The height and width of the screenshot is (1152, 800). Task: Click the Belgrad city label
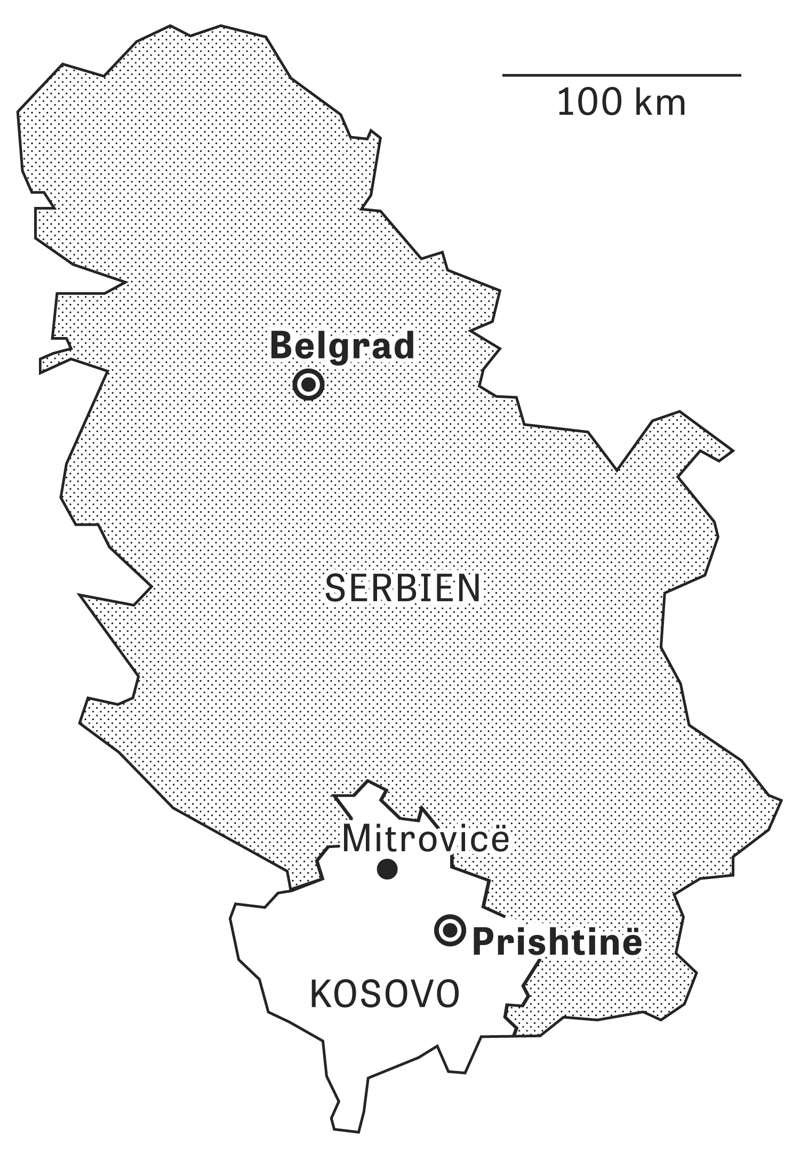pos(342,347)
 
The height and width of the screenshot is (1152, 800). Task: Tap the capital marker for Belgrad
pos(308,384)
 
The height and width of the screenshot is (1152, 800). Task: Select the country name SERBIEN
pos(403,589)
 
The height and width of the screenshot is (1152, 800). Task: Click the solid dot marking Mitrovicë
pos(387,869)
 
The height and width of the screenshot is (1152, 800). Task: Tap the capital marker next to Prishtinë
pos(451,931)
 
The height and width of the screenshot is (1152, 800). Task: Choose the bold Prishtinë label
pos(557,943)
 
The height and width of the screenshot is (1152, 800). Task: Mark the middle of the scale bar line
pos(621,75)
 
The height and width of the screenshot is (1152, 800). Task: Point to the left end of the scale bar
pos(503,75)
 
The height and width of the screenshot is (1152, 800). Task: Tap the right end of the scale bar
pos(740,75)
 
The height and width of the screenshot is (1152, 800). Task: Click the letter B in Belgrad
pos(282,346)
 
